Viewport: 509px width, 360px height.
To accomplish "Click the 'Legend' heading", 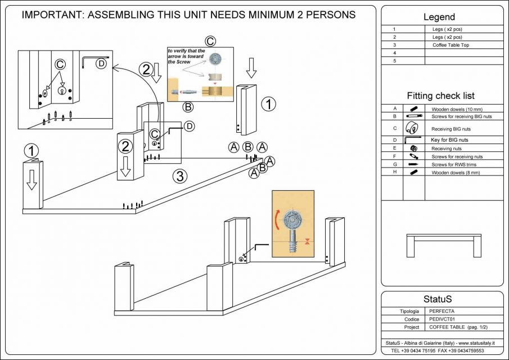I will [x=439, y=17].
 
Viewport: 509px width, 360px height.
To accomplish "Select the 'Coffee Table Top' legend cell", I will [x=451, y=44].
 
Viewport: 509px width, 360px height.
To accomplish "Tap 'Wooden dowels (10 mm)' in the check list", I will [x=457, y=109].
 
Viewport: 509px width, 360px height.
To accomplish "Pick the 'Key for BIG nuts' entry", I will [x=449, y=139].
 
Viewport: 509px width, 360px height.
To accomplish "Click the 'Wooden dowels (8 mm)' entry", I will [x=455, y=172].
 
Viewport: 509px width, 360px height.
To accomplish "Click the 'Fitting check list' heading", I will [x=440, y=96].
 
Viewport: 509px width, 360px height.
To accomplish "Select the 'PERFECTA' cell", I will [x=443, y=310].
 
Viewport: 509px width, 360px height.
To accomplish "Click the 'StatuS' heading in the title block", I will [x=438, y=299].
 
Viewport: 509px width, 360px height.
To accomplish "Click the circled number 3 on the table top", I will [x=179, y=176].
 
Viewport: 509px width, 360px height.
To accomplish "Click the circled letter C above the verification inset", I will [x=210, y=41].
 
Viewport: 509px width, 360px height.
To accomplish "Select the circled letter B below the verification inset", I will [x=188, y=106].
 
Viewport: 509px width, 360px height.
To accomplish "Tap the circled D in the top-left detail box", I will [x=101, y=64].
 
